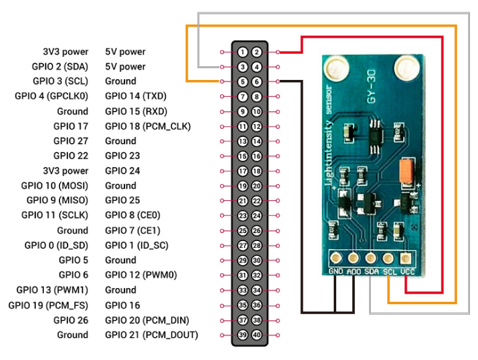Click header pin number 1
(x=243, y=52)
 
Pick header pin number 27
(x=243, y=245)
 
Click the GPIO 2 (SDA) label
(x=60, y=66)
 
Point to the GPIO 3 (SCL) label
(x=60, y=81)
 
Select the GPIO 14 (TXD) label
(x=136, y=96)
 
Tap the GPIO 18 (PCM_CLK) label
(x=148, y=126)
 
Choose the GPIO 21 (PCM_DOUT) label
(x=152, y=335)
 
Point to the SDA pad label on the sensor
(x=371, y=270)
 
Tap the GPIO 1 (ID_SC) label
(x=137, y=245)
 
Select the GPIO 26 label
(x=71, y=320)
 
